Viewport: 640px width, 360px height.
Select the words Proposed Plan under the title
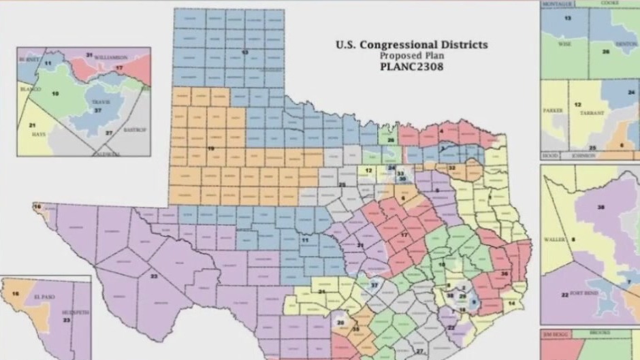[x=411, y=56]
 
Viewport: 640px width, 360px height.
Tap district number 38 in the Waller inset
[x=601, y=206]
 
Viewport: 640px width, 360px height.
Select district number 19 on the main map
[x=212, y=147]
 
